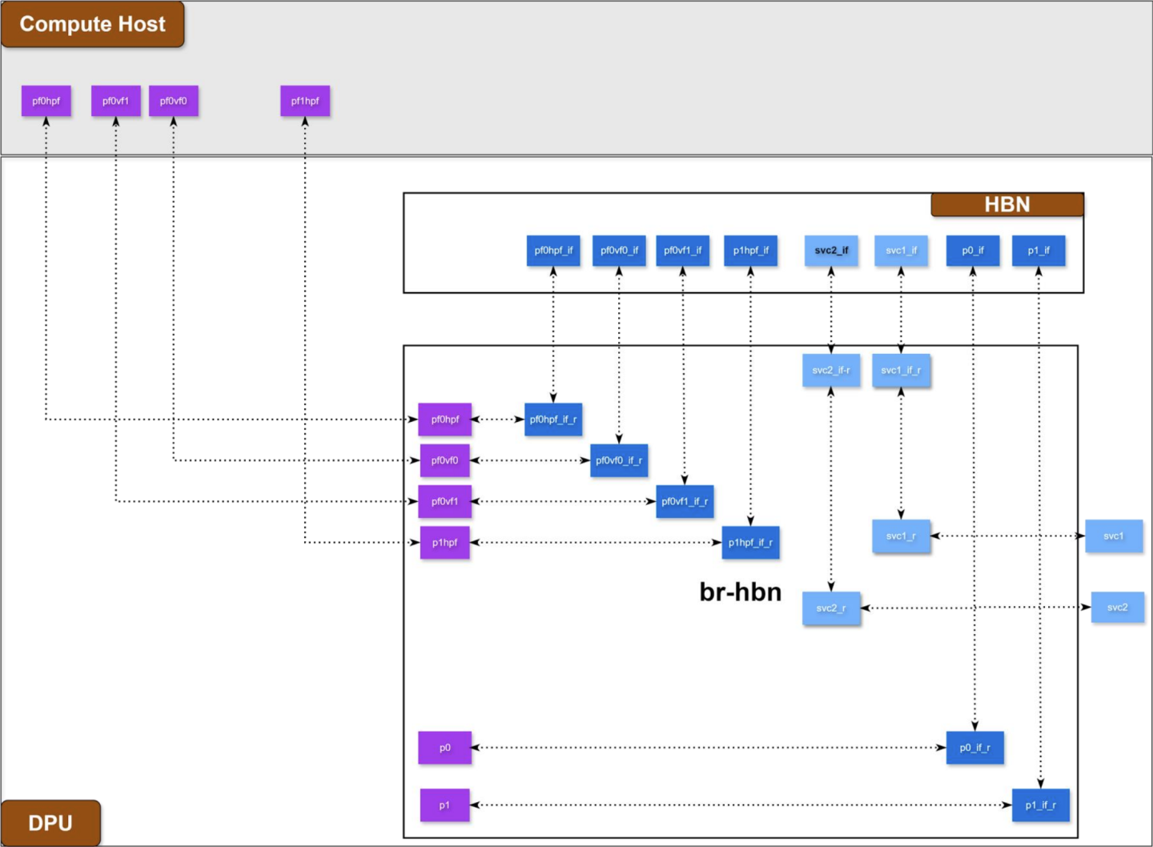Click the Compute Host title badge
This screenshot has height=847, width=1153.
coord(92,24)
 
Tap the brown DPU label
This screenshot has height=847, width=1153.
coord(50,823)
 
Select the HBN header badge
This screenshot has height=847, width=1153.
coord(1006,205)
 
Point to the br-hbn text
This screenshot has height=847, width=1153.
coord(740,592)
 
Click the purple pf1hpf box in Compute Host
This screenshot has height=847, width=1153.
coord(305,101)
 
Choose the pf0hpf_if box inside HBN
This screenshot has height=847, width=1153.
coord(553,251)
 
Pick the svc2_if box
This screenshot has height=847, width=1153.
coord(831,251)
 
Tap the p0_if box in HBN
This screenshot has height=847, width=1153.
coord(973,251)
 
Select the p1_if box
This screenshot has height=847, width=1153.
coord(1039,251)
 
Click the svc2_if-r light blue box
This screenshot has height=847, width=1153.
coord(831,371)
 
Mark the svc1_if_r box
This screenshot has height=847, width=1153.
coord(901,371)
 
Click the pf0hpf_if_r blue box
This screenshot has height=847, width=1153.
coord(553,419)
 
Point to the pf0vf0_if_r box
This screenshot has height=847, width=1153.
coord(619,460)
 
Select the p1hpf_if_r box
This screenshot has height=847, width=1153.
coord(750,543)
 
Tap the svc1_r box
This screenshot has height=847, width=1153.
coord(901,536)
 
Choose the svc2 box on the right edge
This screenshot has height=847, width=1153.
coord(1117,608)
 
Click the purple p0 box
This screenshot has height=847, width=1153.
coord(444,748)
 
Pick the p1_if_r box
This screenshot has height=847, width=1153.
coord(1040,805)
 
